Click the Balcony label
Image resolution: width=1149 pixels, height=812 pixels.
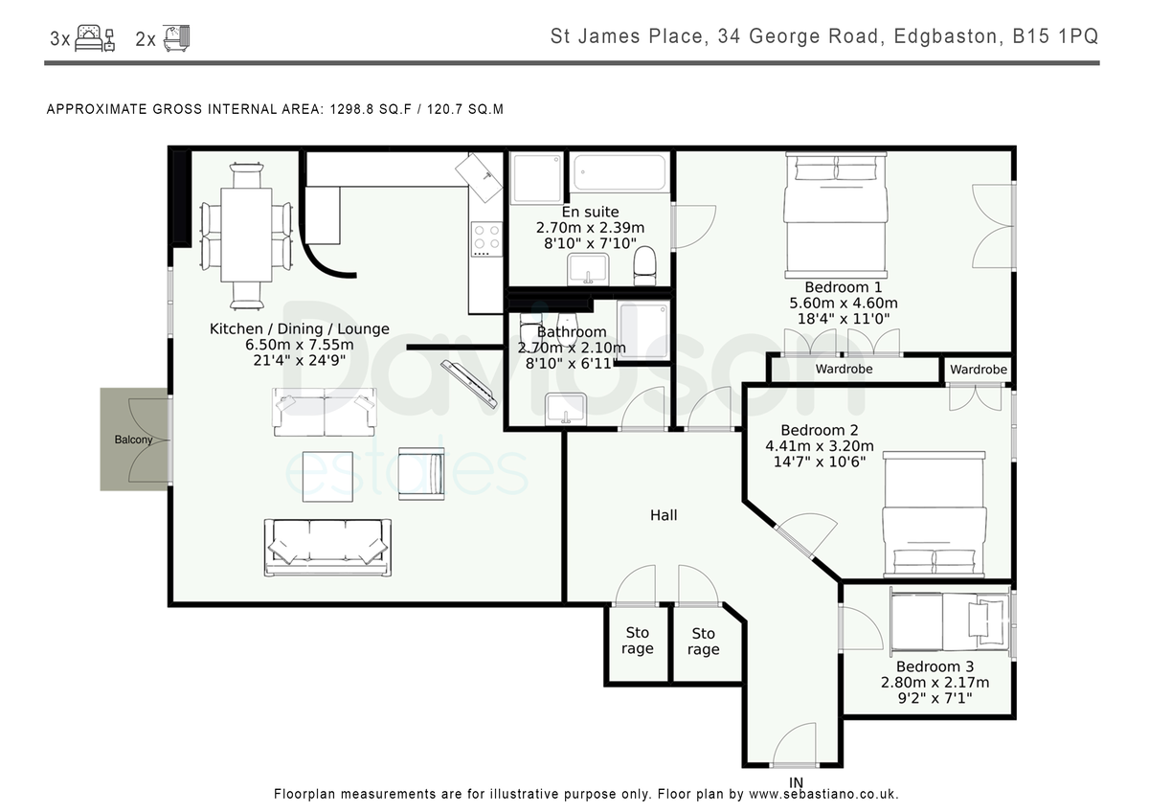coord(133,440)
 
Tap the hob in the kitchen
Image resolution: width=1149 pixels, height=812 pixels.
coord(486,239)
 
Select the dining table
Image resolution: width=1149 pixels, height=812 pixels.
coord(246,235)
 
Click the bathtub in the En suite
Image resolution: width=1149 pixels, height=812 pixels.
coord(620,172)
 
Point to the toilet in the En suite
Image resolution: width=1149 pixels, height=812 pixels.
coord(644,265)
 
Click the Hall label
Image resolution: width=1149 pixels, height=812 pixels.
coord(664,515)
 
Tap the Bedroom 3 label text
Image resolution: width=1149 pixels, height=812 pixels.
coord(935,666)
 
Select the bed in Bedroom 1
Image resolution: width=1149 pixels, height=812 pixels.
coord(836,214)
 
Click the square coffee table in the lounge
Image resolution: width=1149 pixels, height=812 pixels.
coord(327,477)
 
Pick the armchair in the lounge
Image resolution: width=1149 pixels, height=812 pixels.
coord(421,473)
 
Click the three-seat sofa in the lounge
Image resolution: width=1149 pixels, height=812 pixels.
coord(327,548)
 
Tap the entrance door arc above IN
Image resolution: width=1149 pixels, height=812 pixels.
coord(794,744)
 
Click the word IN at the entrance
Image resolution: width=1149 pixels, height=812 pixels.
coord(796,782)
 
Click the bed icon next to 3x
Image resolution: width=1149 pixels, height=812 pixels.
coord(95,38)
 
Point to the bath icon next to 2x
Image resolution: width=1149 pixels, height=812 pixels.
coord(176,38)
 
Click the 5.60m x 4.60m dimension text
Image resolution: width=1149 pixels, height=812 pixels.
coord(844,303)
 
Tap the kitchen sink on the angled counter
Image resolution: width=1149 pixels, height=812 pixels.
coord(479,177)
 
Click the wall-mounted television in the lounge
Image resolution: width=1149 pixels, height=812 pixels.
coord(469,384)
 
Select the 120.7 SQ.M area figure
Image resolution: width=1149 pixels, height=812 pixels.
coord(465,109)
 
